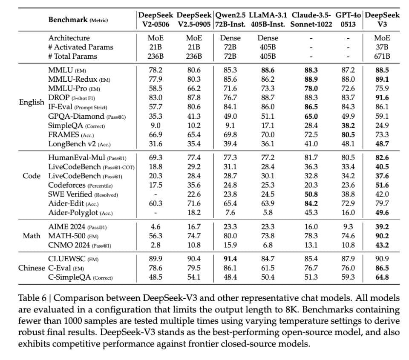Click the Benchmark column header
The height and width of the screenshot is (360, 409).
[78, 20]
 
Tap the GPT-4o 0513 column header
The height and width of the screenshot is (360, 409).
[348, 20]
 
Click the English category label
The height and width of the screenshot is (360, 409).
[32, 102]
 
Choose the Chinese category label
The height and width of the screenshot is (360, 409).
[31, 268]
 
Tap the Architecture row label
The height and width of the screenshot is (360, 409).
[69, 38]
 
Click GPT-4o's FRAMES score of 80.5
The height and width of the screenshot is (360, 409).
[348, 135]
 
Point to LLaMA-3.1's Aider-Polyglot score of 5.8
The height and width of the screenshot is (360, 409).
[268, 213]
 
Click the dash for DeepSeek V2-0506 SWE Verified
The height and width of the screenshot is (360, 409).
[155, 194]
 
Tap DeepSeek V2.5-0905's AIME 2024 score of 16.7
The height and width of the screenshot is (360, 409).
[194, 227]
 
